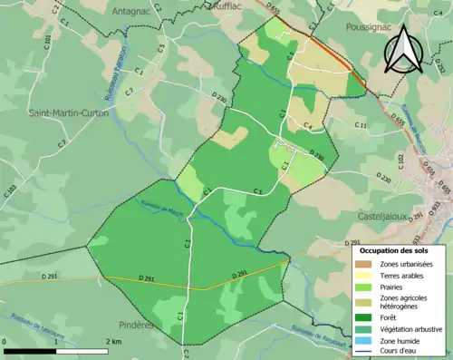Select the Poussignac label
(x=369, y=28)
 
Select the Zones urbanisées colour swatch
(x=366, y=264)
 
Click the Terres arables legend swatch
(x=366, y=275)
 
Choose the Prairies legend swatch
(x=366, y=287)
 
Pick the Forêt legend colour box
(x=366, y=317)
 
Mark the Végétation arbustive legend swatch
(x=366, y=328)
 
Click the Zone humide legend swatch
(x=366, y=339)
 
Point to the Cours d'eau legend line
(x=366, y=350)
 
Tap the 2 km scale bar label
(x=112, y=340)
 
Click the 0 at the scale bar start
(x=6, y=340)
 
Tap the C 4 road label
(x=307, y=125)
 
